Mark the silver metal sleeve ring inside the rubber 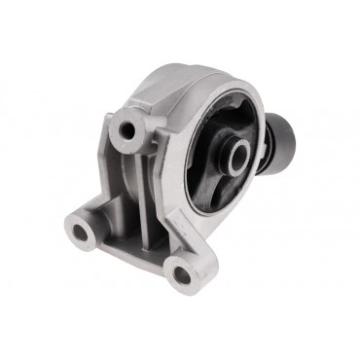click(x=237, y=156)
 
